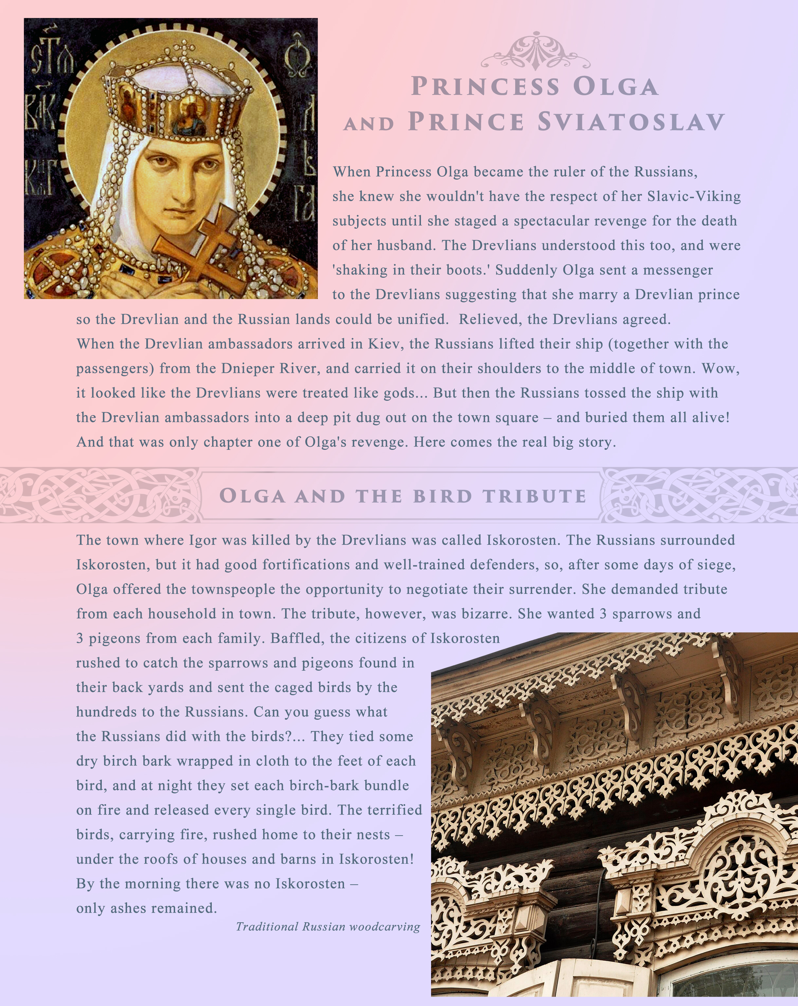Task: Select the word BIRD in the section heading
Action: (442, 496)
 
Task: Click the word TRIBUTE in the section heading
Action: (535, 496)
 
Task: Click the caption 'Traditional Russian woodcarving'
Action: (328, 926)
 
